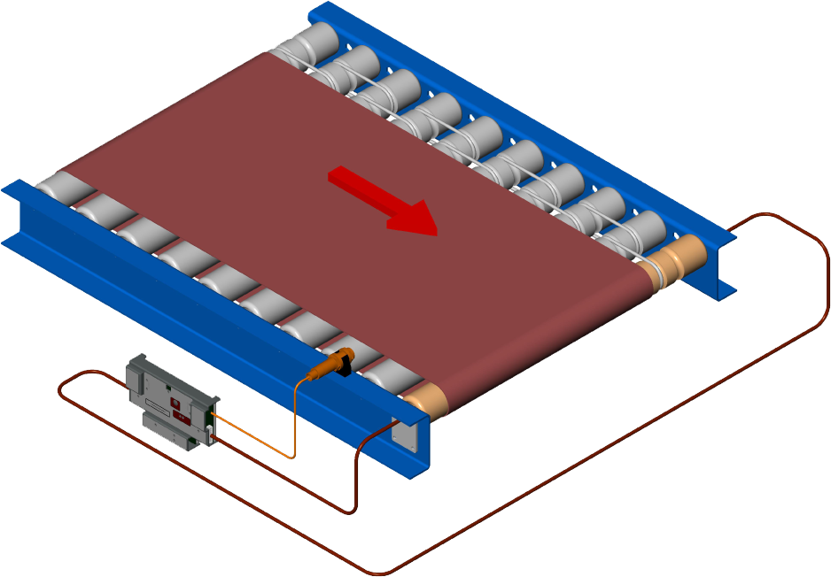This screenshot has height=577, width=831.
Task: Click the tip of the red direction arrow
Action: point(436,233)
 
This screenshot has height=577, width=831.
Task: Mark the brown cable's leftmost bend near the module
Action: point(60,389)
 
